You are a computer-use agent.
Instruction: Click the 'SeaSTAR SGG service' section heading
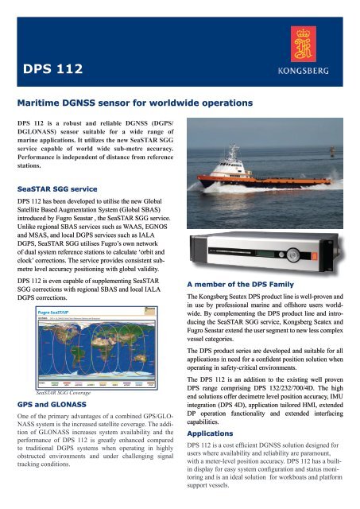click(x=59, y=168)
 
